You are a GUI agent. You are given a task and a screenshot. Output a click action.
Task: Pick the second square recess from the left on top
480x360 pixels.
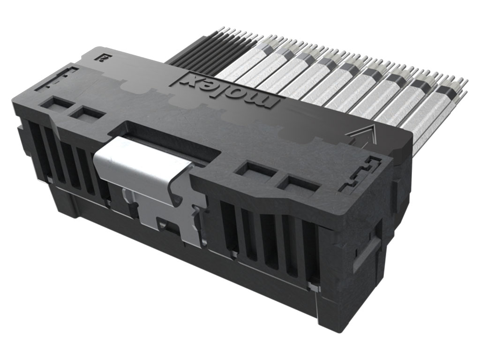coord(88,113)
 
